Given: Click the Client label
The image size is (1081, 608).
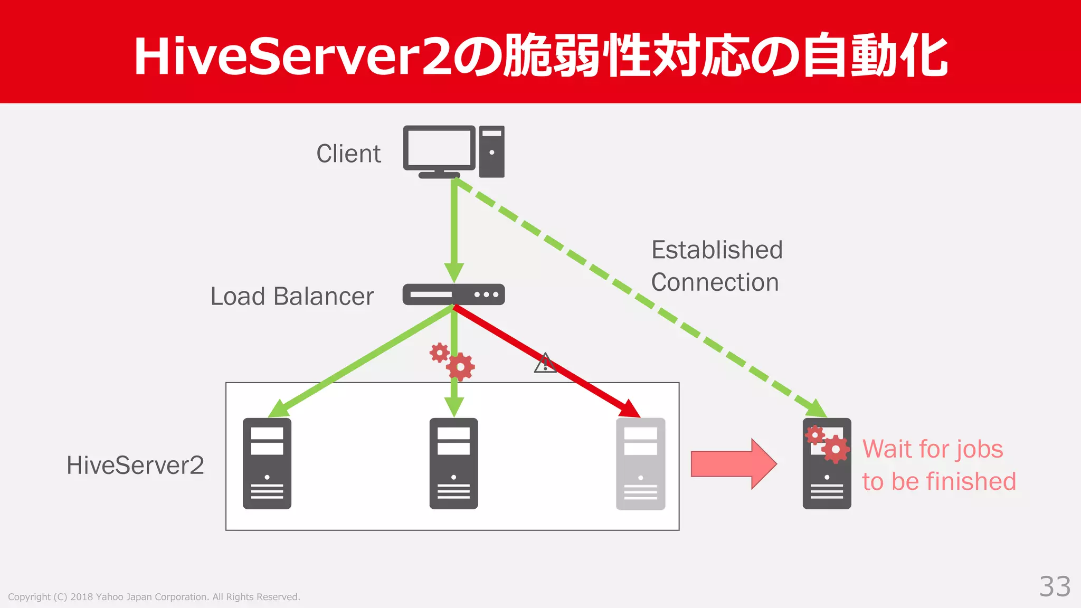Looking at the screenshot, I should pyautogui.click(x=348, y=154).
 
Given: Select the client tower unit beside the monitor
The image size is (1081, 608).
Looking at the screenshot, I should pyautogui.click(x=491, y=151).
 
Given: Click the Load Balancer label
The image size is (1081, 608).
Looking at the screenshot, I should pyautogui.click(x=292, y=297).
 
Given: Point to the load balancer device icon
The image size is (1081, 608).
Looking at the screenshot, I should pyautogui.click(x=453, y=294).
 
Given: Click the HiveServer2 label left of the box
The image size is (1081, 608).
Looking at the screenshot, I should pyautogui.click(x=135, y=465).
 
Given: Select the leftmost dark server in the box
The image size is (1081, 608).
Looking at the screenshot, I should pyautogui.click(x=267, y=463).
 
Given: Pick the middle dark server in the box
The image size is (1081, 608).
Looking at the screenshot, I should pyautogui.click(x=453, y=463).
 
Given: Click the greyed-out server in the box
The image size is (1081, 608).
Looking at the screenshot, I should pyautogui.click(x=640, y=463).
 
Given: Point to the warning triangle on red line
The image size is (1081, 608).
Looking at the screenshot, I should pyautogui.click(x=545, y=364).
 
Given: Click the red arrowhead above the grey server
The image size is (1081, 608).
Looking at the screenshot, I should pyautogui.click(x=631, y=408).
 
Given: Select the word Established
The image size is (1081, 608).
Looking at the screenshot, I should pyautogui.click(x=717, y=250).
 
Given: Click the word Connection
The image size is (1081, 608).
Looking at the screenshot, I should pyautogui.click(x=715, y=282).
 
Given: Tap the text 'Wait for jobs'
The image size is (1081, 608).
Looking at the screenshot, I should pyautogui.click(x=933, y=449).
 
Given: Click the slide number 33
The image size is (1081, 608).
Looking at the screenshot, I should pyautogui.click(x=1055, y=586).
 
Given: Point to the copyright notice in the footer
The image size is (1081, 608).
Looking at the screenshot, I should pyautogui.click(x=154, y=597).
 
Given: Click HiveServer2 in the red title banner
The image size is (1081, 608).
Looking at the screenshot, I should pyautogui.click(x=293, y=56).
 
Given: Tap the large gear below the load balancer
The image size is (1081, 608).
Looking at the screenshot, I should pyautogui.click(x=460, y=367).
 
